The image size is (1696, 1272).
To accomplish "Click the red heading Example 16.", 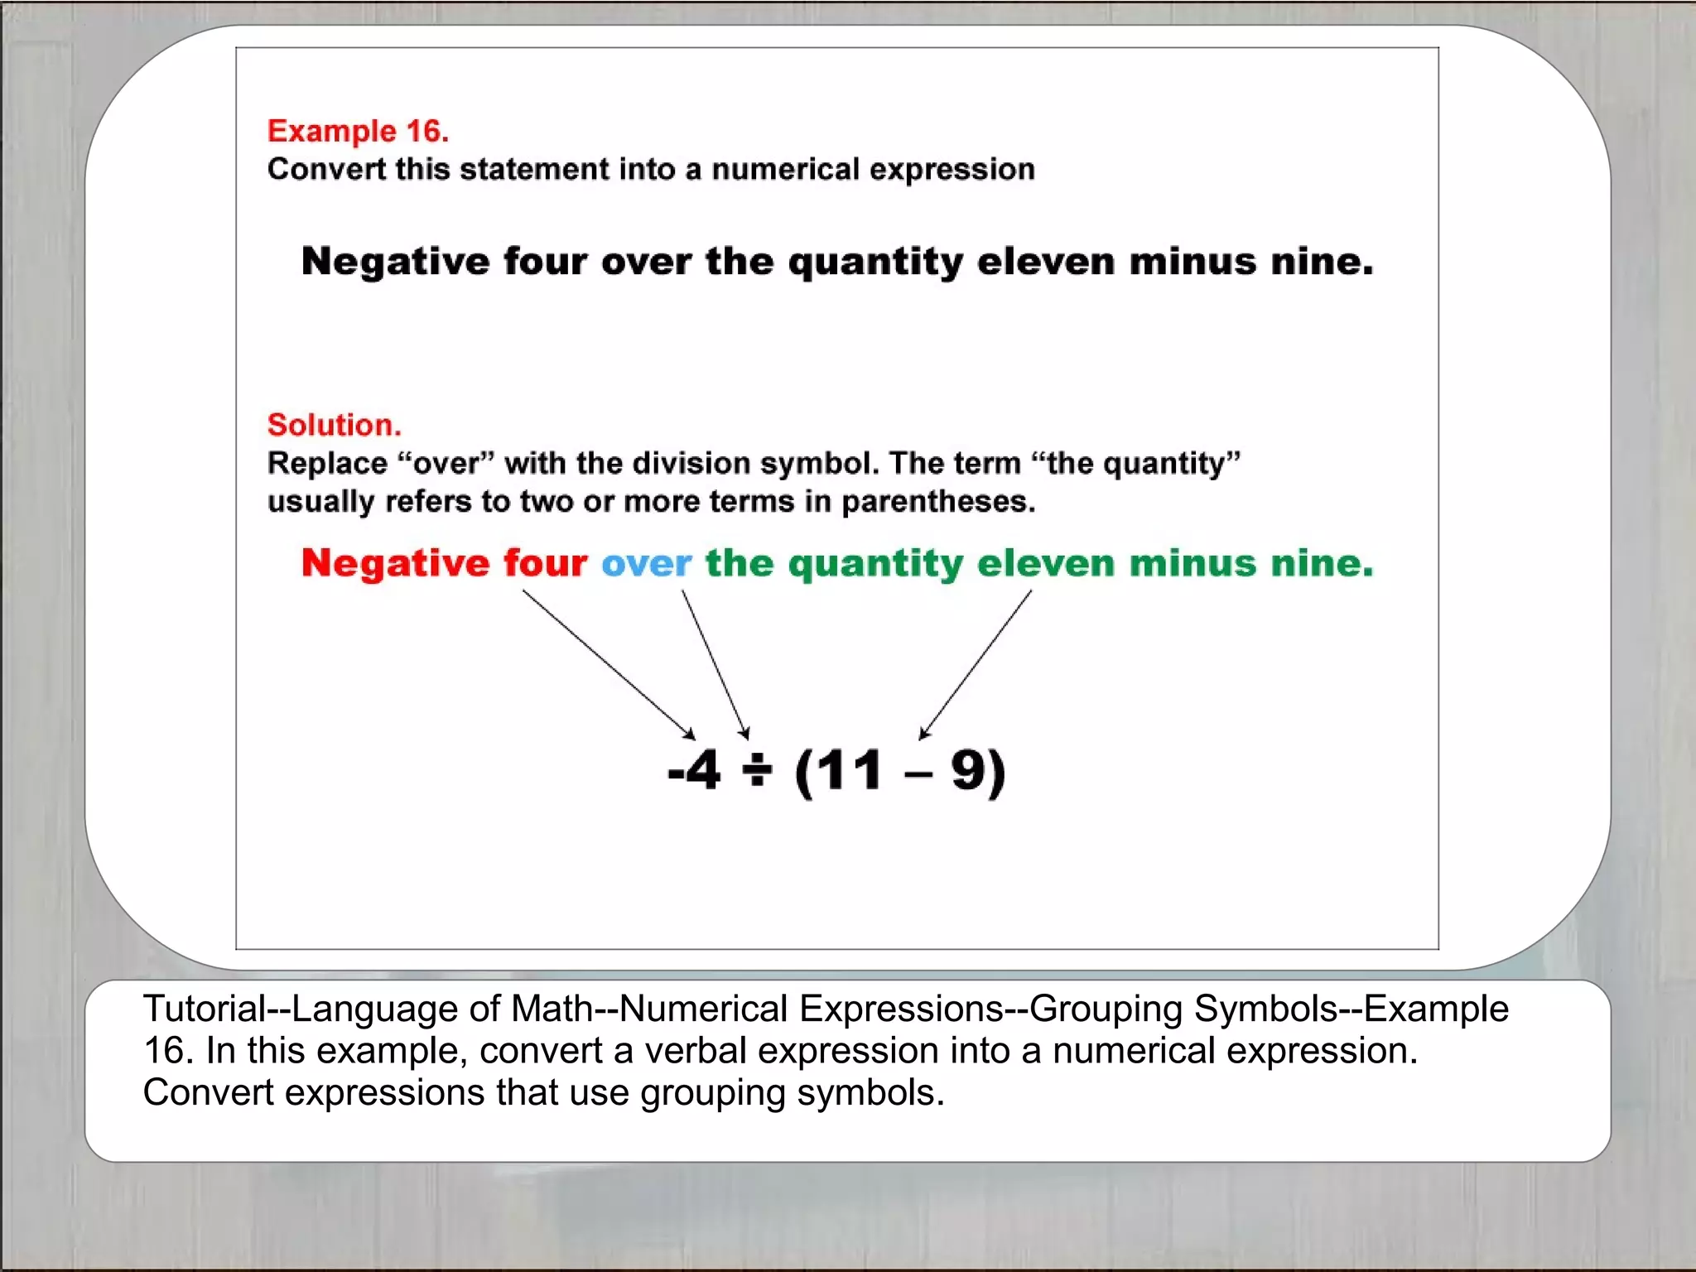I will [358, 132].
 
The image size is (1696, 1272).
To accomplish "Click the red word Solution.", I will [334, 425].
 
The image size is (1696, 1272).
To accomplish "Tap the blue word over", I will [646, 564].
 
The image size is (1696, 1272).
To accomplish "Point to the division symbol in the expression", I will [757, 771].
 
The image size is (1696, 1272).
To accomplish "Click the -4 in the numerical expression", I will [695, 771].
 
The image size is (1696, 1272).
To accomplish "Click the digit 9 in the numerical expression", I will [967, 771].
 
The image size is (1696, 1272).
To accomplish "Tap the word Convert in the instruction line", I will [326, 170].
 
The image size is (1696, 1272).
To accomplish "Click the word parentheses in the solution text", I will [937, 502].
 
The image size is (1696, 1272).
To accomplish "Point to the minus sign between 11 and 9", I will [918, 776].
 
